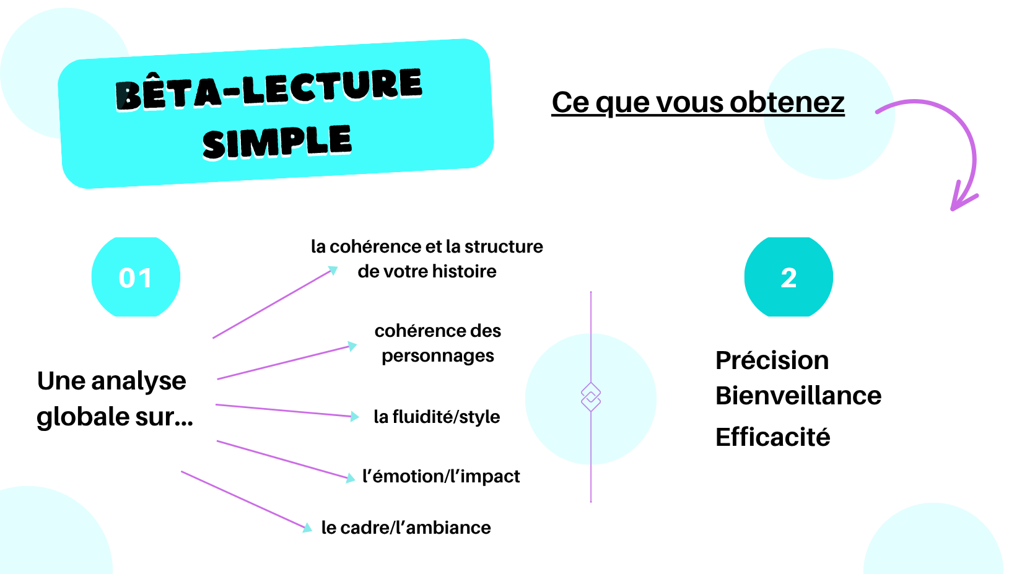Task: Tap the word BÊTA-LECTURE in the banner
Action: coord(269,89)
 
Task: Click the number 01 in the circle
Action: coord(136,277)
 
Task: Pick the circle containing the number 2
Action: coord(788,277)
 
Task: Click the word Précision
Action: coord(772,360)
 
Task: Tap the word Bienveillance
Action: coord(798,395)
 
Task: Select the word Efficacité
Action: coord(773,437)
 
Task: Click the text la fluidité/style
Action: coord(437,417)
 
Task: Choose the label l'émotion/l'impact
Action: coord(441,476)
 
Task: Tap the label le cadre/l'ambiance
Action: coord(406,528)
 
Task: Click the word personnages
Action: coord(438,355)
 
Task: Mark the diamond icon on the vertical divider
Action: coord(591,397)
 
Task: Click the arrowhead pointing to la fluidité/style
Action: coord(354,416)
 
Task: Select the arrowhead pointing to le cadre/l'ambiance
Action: coord(307,528)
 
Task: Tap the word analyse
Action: coord(139,381)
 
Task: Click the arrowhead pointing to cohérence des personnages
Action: coord(352,346)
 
